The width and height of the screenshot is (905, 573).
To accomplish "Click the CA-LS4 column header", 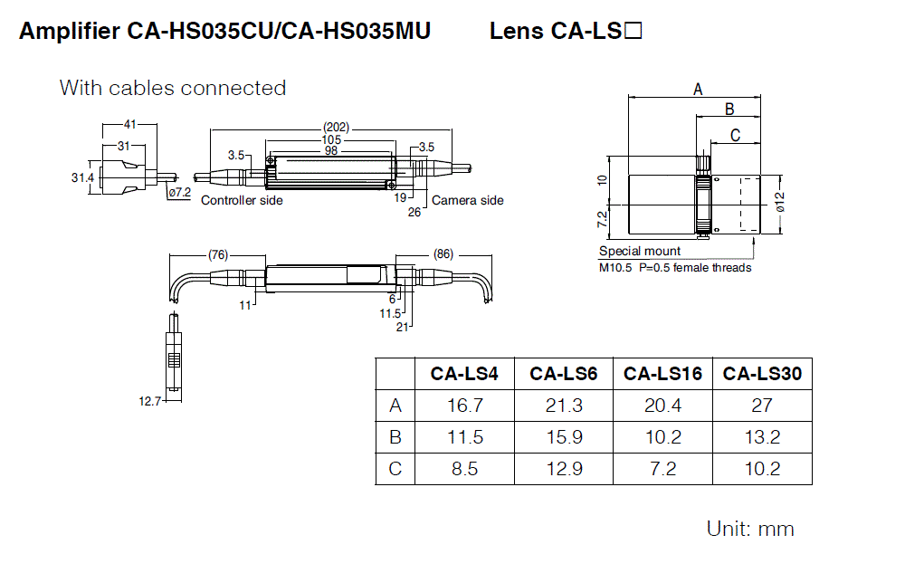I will point(465,373).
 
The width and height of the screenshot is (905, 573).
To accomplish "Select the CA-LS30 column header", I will point(762,373).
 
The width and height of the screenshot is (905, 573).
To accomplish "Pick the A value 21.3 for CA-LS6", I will point(564,406).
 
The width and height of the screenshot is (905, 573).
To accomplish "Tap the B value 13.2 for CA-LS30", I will point(762,437).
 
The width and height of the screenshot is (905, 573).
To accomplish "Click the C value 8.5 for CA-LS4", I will point(465,469).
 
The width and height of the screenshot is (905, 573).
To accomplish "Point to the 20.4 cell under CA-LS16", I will point(663,406).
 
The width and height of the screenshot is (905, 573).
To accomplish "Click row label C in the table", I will point(395,469).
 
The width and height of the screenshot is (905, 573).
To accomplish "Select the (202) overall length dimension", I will point(336,128).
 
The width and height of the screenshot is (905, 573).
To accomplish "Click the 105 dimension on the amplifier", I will point(331,139).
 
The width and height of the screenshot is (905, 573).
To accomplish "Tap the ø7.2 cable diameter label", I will point(179,192).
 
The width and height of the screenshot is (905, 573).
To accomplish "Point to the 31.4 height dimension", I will point(83,177).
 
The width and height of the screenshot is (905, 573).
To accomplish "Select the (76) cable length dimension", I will point(218,254).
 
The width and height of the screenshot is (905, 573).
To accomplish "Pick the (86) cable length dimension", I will point(443,254).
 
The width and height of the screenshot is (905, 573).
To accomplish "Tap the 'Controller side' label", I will point(242,200).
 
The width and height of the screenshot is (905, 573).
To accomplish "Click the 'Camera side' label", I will point(467,200).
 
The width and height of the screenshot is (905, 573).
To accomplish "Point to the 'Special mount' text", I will point(640,251).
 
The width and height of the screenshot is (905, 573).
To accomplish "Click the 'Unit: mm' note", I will point(750,529).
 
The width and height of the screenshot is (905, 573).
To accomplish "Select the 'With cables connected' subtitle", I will point(173,88).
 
